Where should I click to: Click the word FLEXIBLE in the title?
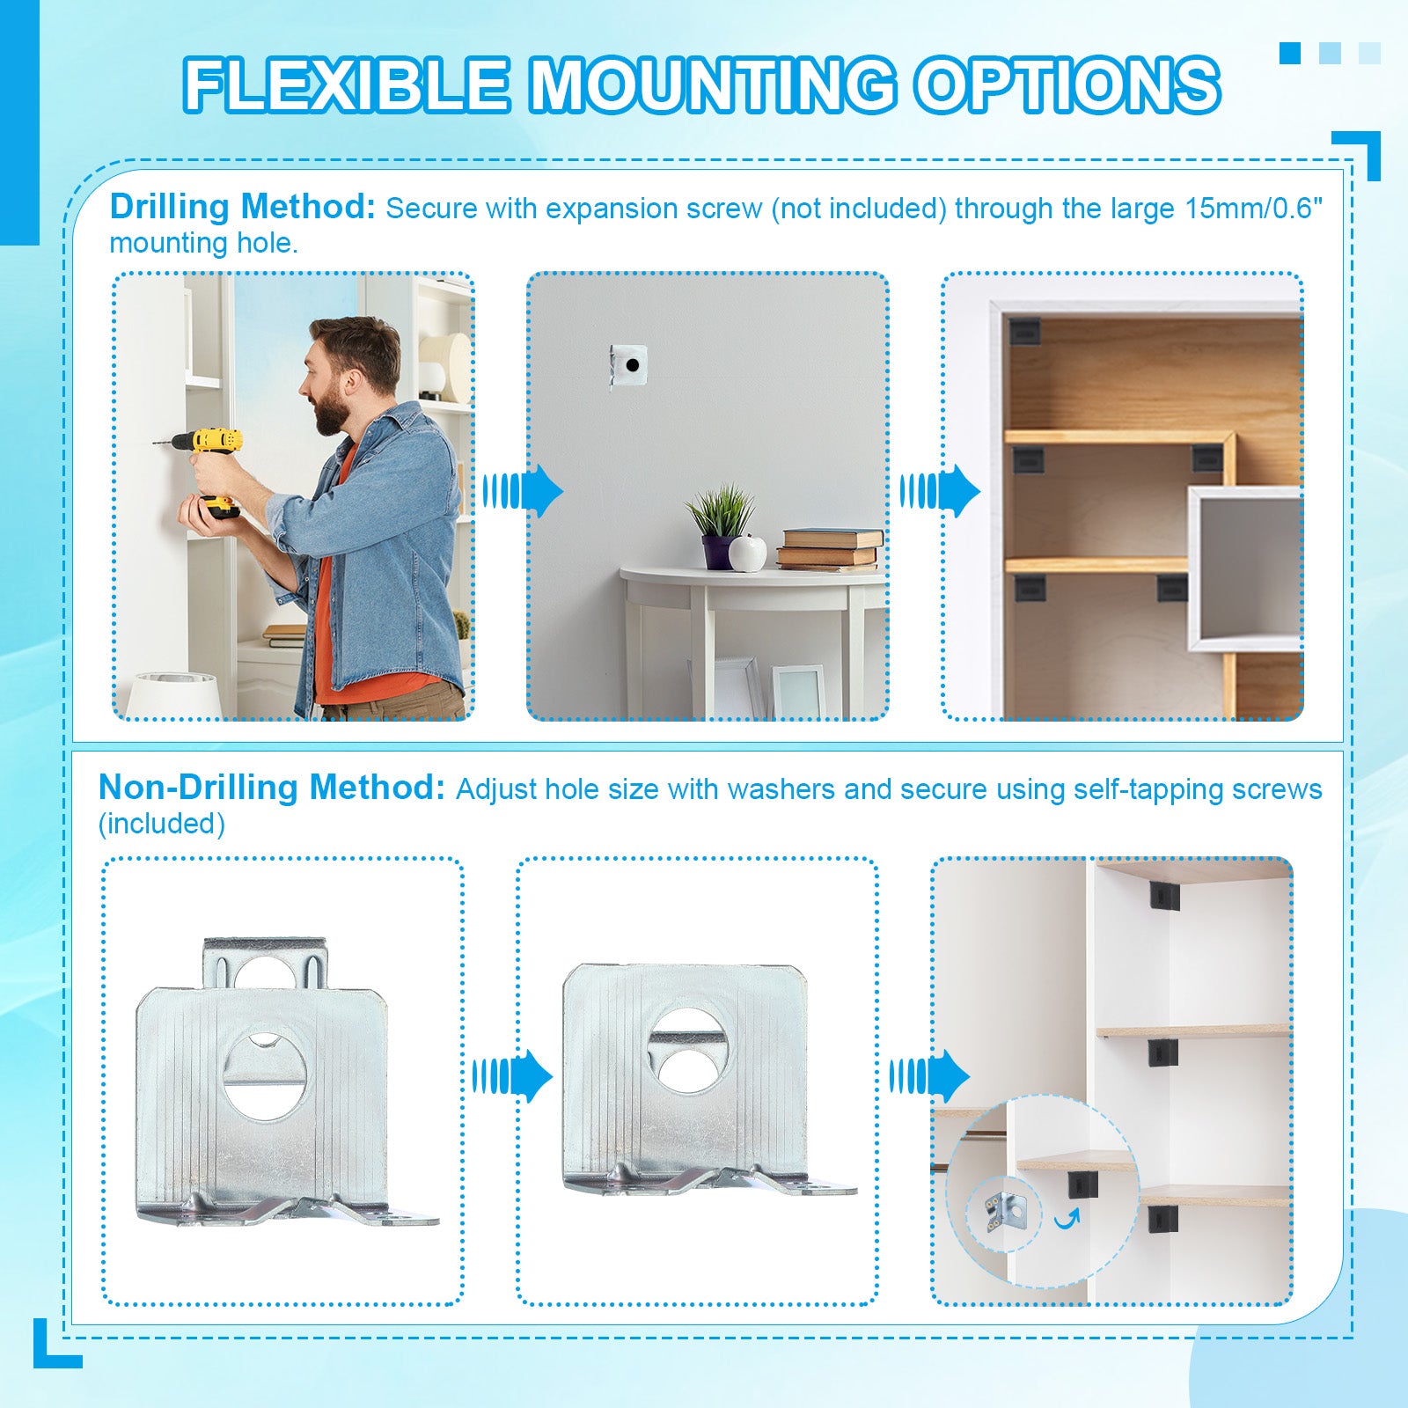pyautogui.click(x=347, y=85)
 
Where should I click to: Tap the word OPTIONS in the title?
pyautogui.click(x=1067, y=85)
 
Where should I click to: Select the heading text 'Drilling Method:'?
pyautogui.click(x=243, y=208)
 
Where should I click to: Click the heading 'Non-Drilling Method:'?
pyautogui.click(x=273, y=788)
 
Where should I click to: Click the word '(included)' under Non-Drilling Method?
pyautogui.click(x=162, y=824)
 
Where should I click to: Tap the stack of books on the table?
pyautogui.click(x=829, y=548)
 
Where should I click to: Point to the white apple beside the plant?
pyautogui.click(x=748, y=554)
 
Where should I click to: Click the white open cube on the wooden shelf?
pyautogui.click(x=1244, y=568)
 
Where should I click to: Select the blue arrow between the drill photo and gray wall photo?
pyautogui.click(x=523, y=490)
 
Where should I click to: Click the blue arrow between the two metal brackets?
pyautogui.click(x=512, y=1075)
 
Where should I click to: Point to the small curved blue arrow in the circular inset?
pyautogui.click(x=1067, y=1218)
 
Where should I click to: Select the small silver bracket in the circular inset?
pyautogui.click(x=1003, y=1209)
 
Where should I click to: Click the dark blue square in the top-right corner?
pyautogui.click(x=1290, y=53)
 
